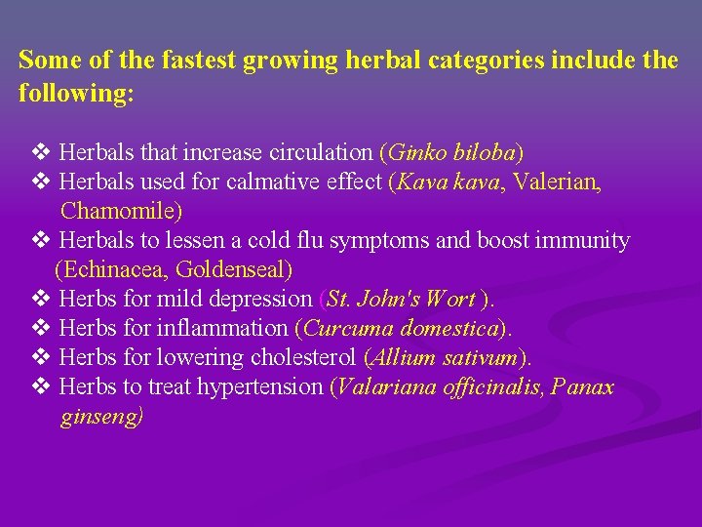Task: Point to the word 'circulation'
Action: click(325, 152)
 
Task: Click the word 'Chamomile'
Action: click(116, 211)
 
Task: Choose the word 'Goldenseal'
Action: click(231, 269)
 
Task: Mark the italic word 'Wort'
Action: click(450, 299)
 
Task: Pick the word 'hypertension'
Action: click(265, 386)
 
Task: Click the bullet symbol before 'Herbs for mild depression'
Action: click(41, 299)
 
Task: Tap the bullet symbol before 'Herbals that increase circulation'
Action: click(41, 152)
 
